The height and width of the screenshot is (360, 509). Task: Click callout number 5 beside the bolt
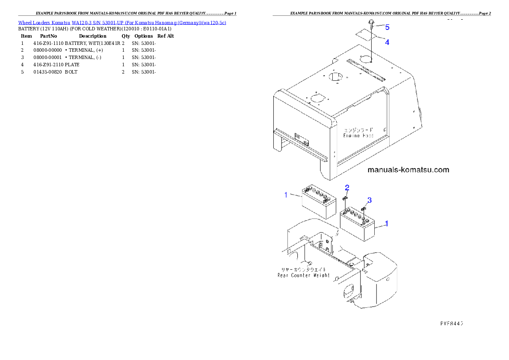tap(387, 27)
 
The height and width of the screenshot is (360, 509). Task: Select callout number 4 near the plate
tap(387, 42)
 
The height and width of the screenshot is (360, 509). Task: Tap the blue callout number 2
tap(347, 187)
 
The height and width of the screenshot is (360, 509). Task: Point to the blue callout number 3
tap(370, 200)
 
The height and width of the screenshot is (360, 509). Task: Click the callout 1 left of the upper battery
tap(286, 195)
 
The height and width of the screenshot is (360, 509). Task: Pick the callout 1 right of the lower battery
tap(387, 224)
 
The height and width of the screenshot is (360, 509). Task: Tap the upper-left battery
tap(318, 203)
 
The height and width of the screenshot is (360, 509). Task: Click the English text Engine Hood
tap(358, 136)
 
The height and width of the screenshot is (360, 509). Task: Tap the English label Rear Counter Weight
tap(304, 275)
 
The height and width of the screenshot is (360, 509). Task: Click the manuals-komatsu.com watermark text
tap(408, 170)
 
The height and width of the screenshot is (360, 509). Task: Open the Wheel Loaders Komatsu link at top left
tap(122, 22)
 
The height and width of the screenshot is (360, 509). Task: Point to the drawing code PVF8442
tap(452, 323)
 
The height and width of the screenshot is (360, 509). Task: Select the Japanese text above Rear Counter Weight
tap(303, 269)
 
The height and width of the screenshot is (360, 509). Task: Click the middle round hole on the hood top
tap(336, 77)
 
